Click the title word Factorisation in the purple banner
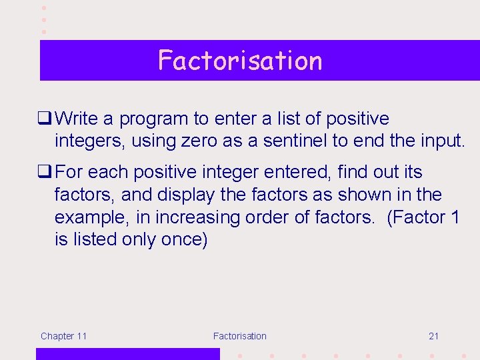point(240,61)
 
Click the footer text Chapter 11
point(63,336)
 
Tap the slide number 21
point(433,336)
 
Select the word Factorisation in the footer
point(239,336)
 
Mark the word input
point(438,141)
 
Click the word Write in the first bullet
point(77,119)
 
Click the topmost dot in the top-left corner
point(44,7)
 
